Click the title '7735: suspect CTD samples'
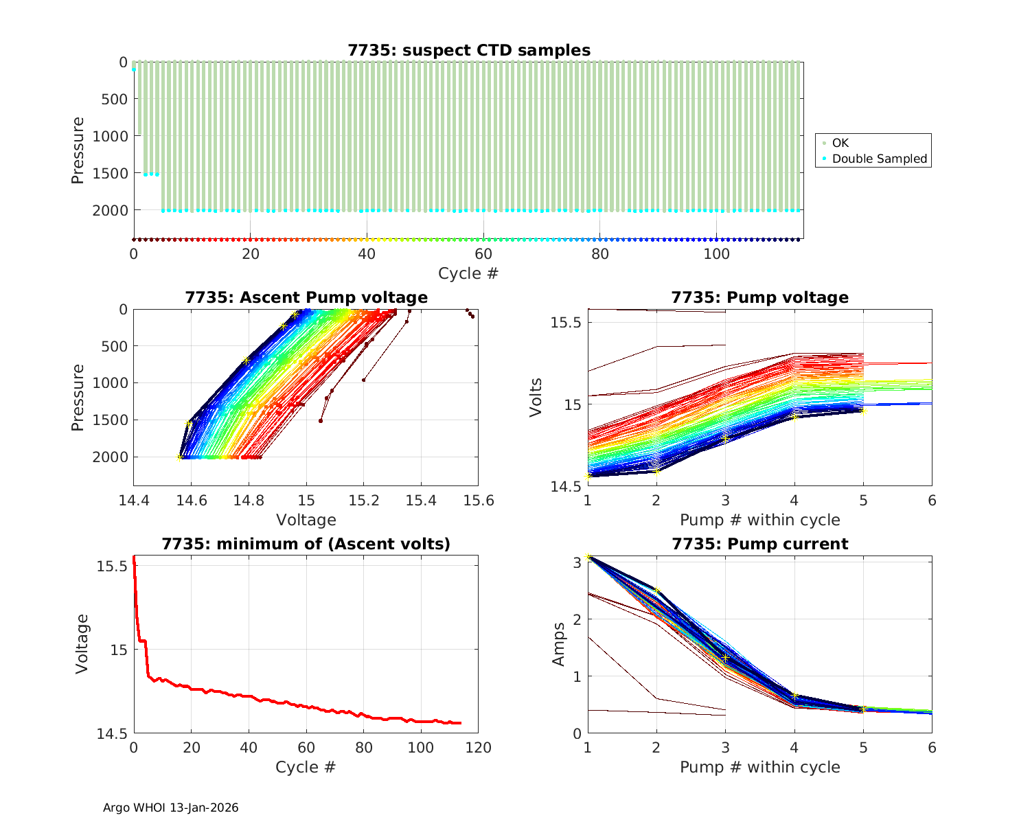[x=469, y=50]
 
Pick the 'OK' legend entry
[x=840, y=143]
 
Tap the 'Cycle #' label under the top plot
[x=468, y=273]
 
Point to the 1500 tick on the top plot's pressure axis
[x=110, y=173]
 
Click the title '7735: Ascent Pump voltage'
[x=306, y=297]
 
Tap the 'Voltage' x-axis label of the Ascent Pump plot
[x=306, y=520]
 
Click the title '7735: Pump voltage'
[x=759, y=297]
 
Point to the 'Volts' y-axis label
[x=536, y=397]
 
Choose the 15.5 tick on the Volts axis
[x=566, y=322]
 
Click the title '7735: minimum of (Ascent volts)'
[x=306, y=545]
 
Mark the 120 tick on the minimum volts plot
[x=478, y=748]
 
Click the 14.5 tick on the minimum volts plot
[x=112, y=734]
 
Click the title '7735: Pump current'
[x=759, y=545]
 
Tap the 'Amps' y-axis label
[x=560, y=643]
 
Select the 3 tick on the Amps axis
[x=577, y=562]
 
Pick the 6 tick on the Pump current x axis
[x=932, y=748]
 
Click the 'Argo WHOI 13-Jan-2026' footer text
[x=171, y=808]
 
